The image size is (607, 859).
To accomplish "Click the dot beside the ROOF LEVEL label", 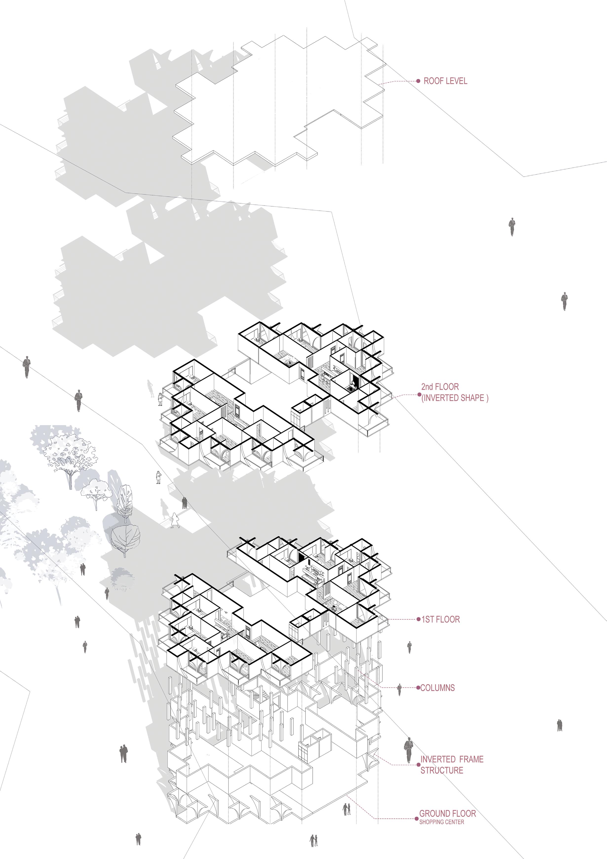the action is (x=418, y=81).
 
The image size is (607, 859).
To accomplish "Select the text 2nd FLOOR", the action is (x=440, y=387).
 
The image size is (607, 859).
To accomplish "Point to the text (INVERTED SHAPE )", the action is (x=455, y=398).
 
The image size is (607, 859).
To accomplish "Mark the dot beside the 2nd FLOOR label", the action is (x=419, y=394).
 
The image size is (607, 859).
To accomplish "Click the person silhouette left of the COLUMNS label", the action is (x=399, y=689).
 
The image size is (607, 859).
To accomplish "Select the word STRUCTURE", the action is (x=442, y=770).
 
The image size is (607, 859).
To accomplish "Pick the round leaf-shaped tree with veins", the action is (x=125, y=538).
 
